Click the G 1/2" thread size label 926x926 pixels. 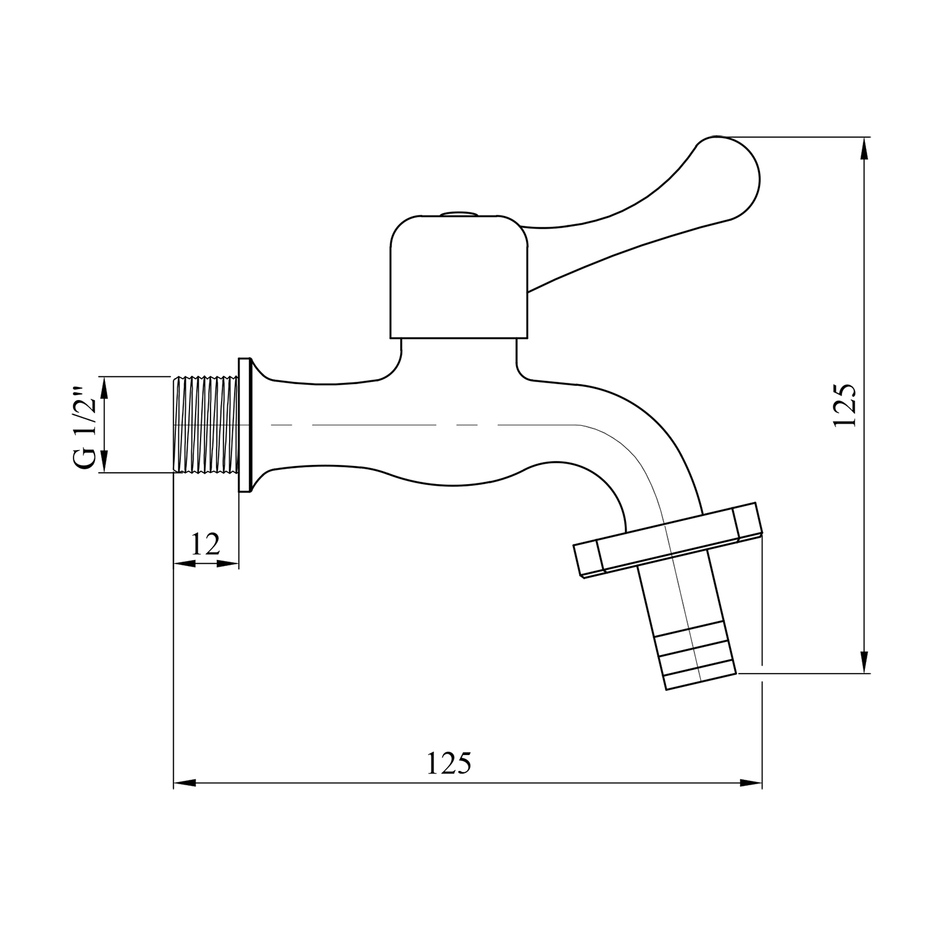click(x=86, y=428)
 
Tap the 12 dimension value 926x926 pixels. click(x=206, y=544)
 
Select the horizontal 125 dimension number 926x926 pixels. click(x=449, y=764)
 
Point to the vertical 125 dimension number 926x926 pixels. click(x=844, y=405)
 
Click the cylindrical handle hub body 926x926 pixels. click(x=459, y=277)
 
